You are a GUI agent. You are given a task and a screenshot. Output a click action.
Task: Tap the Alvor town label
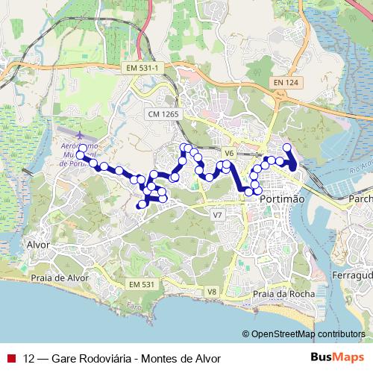coord(37,245)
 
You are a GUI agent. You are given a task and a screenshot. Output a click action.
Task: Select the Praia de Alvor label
coord(59,278)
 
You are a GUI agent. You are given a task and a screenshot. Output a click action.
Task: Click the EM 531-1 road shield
coord(144,68)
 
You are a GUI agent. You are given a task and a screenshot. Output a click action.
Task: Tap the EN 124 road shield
coord(286,81)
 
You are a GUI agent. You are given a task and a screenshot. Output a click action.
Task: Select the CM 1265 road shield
coord(164,113)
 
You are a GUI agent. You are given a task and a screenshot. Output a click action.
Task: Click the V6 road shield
coord(229,153)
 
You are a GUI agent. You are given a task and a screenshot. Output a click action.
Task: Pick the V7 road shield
coord(217,215)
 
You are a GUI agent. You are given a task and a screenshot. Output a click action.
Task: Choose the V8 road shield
coord(212,291)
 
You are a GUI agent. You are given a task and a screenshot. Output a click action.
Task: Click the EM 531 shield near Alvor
coord(141,284)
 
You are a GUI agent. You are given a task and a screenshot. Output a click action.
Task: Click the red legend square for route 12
coord(10,357)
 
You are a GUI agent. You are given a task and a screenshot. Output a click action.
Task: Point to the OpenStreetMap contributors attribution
coord(307,333)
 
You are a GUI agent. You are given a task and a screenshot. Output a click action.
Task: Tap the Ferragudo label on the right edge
coord(355,276)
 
